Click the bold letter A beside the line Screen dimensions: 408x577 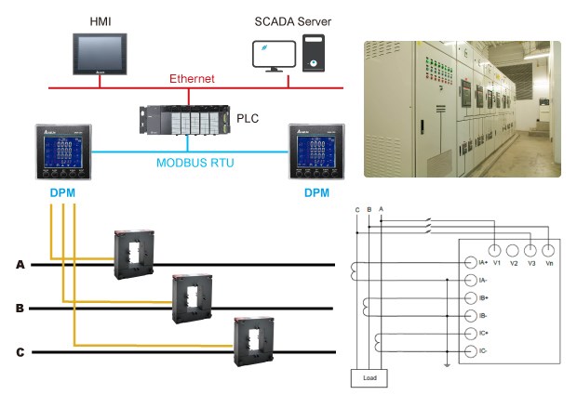[20, 265]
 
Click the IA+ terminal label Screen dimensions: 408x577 [483, 263]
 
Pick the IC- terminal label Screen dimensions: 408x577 [483, 351]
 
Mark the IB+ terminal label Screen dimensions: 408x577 [483, 298]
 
